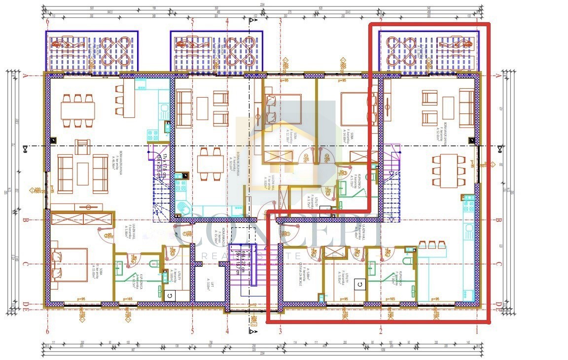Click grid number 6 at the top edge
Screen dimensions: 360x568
[47, 21]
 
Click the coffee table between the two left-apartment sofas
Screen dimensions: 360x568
[83, 174]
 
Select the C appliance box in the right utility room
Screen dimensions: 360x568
[360, 284]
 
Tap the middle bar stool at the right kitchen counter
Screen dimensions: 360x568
[432, 245]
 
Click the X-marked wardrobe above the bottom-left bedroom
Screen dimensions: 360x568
[82, 219]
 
